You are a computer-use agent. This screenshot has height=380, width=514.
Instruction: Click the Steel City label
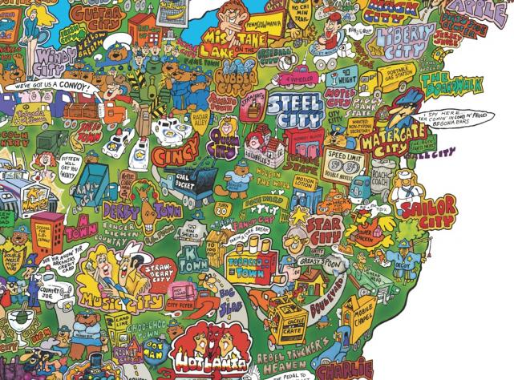point(290,111)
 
